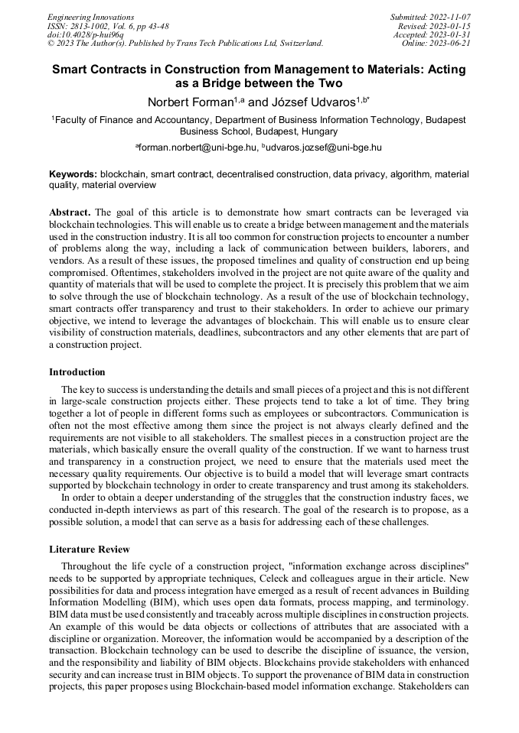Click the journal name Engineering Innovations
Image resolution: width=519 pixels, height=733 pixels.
[x=90, y=17]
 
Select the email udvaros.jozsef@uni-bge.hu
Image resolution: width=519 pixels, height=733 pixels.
[x=324, y=146]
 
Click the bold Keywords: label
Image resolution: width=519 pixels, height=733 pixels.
[x=73, y=174]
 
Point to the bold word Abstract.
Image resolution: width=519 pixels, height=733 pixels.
[x=70, y=212]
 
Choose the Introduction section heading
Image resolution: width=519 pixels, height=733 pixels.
[x=77, y=372]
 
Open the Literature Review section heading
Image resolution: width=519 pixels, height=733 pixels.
[x=89, y=549]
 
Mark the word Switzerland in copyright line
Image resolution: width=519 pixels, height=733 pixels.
[x=297, y=44]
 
